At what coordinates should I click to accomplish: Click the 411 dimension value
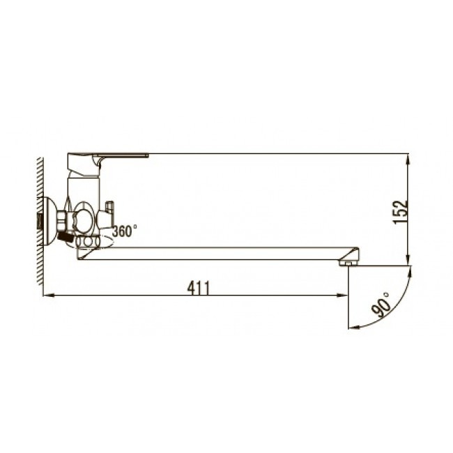pyautogui.click(x=199, y=288)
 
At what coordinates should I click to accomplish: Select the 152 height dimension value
pyautogui.click(x=400, y=212)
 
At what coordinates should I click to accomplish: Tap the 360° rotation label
pyautogui.click(x=125, y=231)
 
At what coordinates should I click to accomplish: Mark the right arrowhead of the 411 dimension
pyautogui.click(x=342, y=295)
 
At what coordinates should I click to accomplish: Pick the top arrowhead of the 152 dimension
pyautogui.click(x=408, y=160)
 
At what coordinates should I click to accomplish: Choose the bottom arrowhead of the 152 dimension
pyautogui.click(x=408, y=259)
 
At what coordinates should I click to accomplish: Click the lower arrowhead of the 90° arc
pyautogui.click(x=354, y=327)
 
